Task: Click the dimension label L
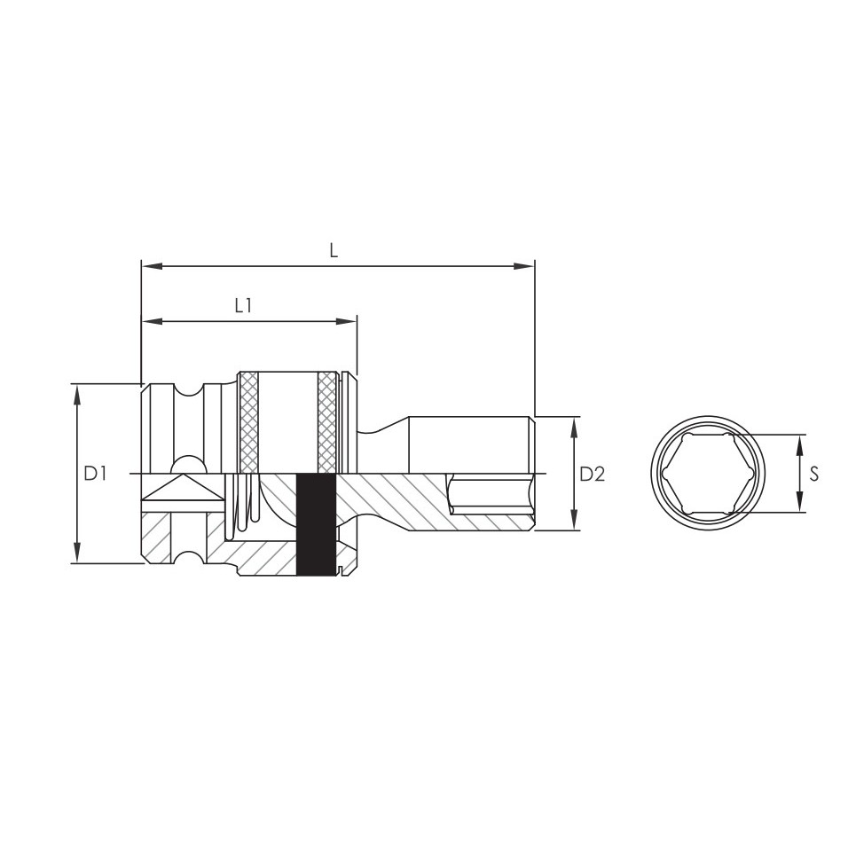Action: [334, 250]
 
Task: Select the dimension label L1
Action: [243, 306]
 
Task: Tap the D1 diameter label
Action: [95, 474]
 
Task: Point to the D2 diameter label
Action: [593, 474]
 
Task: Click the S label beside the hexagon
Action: [814, 474]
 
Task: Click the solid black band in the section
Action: [316, 524]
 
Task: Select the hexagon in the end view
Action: [708, 474]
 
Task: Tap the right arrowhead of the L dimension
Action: [524, 266]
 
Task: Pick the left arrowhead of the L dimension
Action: [152, 266]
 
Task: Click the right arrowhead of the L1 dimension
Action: [346, 321]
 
